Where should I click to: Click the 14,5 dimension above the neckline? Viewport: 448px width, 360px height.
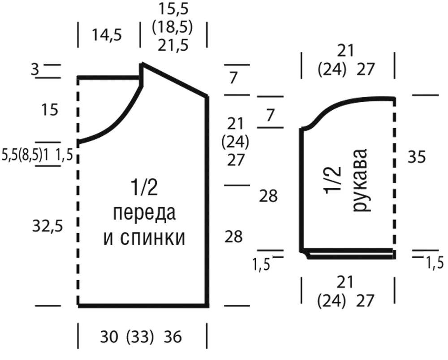107,35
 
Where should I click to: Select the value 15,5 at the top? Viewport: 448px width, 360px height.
173,9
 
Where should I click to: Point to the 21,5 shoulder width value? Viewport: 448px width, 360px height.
173,45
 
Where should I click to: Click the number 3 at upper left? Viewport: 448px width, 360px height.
35,69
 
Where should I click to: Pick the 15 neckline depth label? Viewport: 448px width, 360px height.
50,109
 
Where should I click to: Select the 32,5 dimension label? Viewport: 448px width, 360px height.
47,227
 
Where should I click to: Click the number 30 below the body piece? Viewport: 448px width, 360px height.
109,337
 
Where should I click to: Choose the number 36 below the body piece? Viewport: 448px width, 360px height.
173,337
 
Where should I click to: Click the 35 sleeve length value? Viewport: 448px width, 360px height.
417,157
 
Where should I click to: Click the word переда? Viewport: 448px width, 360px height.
145,213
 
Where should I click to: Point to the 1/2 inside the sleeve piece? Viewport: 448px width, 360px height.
332,180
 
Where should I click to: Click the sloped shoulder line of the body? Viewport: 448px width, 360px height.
174,80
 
